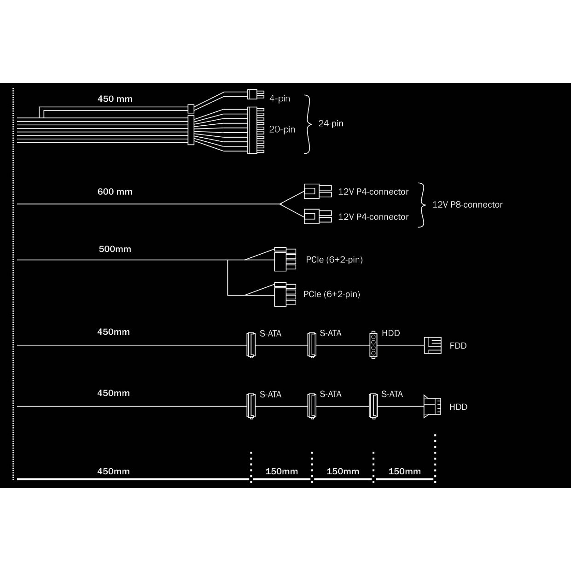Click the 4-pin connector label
click(280, 99)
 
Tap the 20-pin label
click(282, 129)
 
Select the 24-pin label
click(331, 123)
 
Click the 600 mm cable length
click(115, 192)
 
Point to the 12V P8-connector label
click(467, 204)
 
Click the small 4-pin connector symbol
click(256, 94)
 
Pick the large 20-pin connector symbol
click(256, 130)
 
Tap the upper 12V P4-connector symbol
click(318, 191)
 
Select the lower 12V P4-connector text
click(373, 217)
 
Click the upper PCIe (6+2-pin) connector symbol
click(285, 259)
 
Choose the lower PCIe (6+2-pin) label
click(332, 294)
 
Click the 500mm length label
click(115, 249)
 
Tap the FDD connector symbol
click(432, 345)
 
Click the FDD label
click(458, 346)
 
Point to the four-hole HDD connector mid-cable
click(373, 345)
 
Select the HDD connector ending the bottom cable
click(432, 406)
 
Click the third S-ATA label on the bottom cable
click(392, 394)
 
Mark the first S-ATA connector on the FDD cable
click(251, 345)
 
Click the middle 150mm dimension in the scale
click(343, 472)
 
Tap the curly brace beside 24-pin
click(308, 124)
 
